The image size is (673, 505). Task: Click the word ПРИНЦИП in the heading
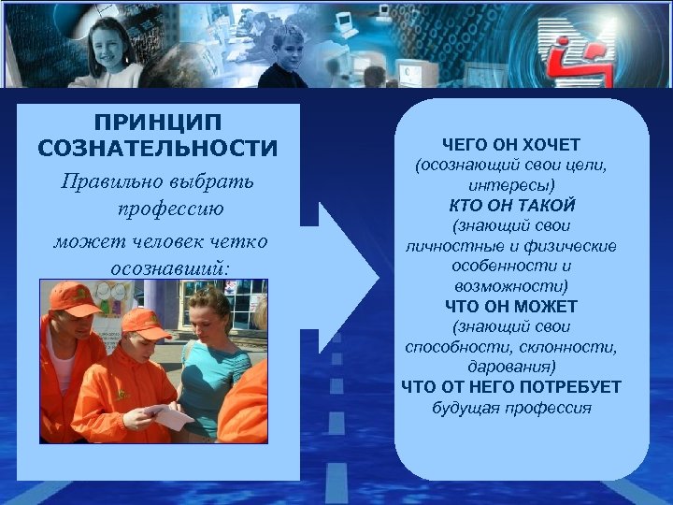[x=157, y=123]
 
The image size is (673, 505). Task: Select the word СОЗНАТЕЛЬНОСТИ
[x=157, y=149]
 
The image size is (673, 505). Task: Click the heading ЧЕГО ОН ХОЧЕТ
[x=511, y=145]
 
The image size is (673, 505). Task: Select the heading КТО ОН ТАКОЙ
[x=511, y=205]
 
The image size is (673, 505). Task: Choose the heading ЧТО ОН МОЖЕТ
[x=511, y=306]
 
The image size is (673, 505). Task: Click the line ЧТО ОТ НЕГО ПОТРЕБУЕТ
[x=511, y=387]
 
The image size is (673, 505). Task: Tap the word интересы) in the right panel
[x=511, y=185]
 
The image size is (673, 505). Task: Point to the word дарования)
[x=511, y=367]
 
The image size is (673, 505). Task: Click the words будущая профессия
[x=511, y=408]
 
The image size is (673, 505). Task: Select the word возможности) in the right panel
[x=511, y=286]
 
